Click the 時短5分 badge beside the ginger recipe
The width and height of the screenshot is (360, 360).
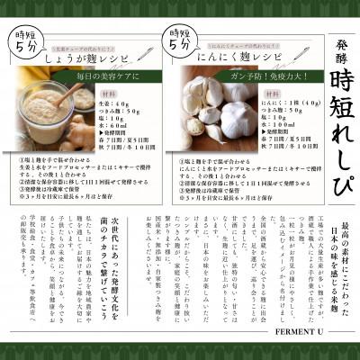pyautogui.click(x=22, y=40)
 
